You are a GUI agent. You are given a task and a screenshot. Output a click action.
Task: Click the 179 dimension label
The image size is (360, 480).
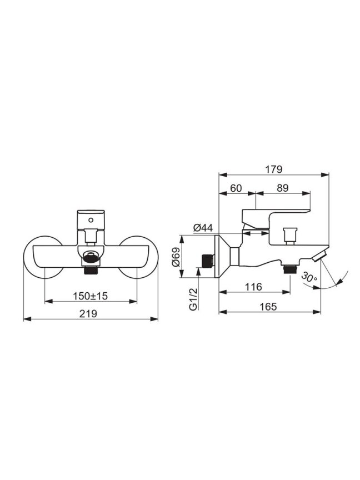[x=274, y=169]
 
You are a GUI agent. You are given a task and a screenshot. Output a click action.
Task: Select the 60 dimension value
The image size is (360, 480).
[x=236, y=188]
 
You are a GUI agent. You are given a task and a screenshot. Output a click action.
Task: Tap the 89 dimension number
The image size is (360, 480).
[x=283, y=188]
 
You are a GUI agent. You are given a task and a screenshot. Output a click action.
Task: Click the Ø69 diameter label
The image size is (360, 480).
[x=176, y=257]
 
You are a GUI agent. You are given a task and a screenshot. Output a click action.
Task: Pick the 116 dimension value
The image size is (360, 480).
[x=254, y=287]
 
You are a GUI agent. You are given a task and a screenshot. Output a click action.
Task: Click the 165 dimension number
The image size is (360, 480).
[x=268, y=307]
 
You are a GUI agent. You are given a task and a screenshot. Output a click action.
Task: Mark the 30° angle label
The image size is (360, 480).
[x=309, y=277]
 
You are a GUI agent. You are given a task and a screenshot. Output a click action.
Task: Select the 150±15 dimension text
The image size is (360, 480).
[x=91, y=296]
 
